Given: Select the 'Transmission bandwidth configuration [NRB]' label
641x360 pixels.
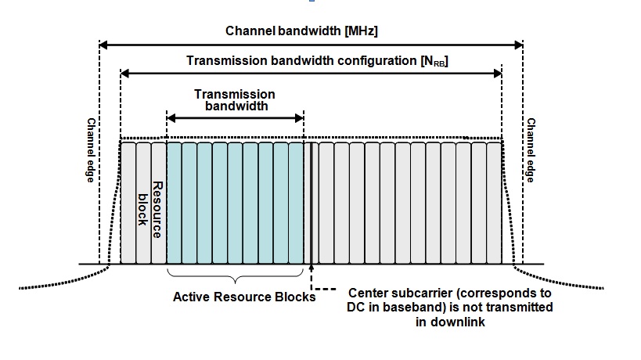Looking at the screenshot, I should point(316,60).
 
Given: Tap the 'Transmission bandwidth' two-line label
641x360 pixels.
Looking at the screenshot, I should point(235,99).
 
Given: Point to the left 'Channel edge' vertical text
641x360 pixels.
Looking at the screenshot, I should point(91,150).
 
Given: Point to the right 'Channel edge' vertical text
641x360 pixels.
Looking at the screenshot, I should point(530,150).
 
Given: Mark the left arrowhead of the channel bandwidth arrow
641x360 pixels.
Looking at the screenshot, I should point(103,45).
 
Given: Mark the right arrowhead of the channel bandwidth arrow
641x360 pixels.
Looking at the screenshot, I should point(518,45).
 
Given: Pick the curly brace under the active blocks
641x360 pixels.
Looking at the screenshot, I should point(235,275).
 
